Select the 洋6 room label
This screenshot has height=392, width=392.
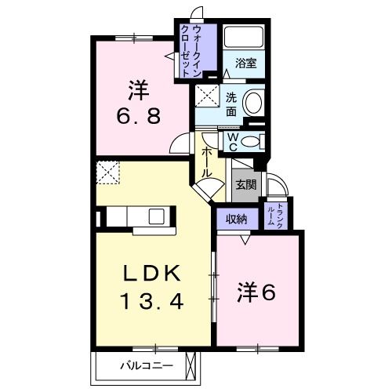click(256, 292)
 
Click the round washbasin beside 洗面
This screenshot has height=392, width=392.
click(253, 103)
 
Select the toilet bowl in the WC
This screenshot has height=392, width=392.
click(250, 142)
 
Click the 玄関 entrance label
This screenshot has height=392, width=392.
click(245, 185)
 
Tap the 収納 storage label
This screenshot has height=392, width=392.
click(238, 219)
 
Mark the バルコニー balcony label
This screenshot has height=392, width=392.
click(142, 365)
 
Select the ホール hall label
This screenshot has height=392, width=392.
click(207, 161)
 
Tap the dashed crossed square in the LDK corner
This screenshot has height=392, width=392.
click(107, 172)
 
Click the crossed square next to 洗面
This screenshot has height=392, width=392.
click(209, 100)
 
